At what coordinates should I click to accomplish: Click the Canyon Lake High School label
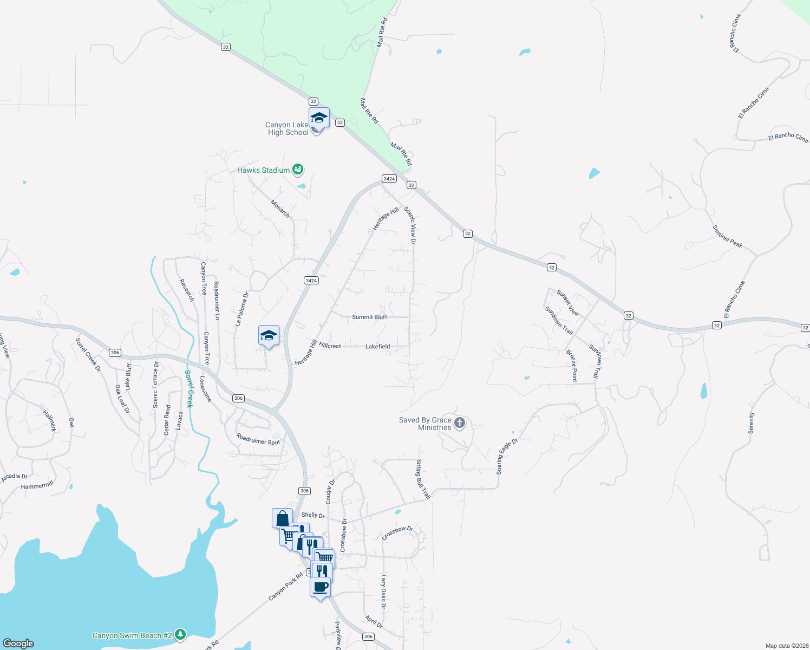coord(288,129)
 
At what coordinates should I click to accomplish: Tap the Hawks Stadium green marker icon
coord(297,170)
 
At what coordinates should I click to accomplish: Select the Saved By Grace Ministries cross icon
coord(460,423)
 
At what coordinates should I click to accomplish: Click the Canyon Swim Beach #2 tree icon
coord(180,635)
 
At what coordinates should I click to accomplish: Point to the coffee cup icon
coord(321,587)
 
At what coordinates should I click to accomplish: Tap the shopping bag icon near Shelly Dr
coord(282,518)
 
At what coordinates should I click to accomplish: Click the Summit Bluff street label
coord(369,317)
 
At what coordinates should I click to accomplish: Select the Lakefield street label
coord(377,346)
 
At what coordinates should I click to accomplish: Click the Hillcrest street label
coord(330,345)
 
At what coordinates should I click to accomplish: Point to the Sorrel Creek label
coord(188,388)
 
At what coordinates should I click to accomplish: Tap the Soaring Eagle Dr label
coord(507,457)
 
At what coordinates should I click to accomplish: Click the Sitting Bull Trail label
coord(422,479)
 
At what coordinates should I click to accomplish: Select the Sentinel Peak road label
coord(727,236)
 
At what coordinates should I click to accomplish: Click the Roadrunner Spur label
coord(258,439)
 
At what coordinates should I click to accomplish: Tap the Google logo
coord(18,643)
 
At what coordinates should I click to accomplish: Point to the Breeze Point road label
coord(572,366)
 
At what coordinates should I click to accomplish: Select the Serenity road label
coord(751,423)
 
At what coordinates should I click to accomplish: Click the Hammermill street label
coord(37,486)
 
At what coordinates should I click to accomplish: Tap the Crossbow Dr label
coord(397,533)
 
